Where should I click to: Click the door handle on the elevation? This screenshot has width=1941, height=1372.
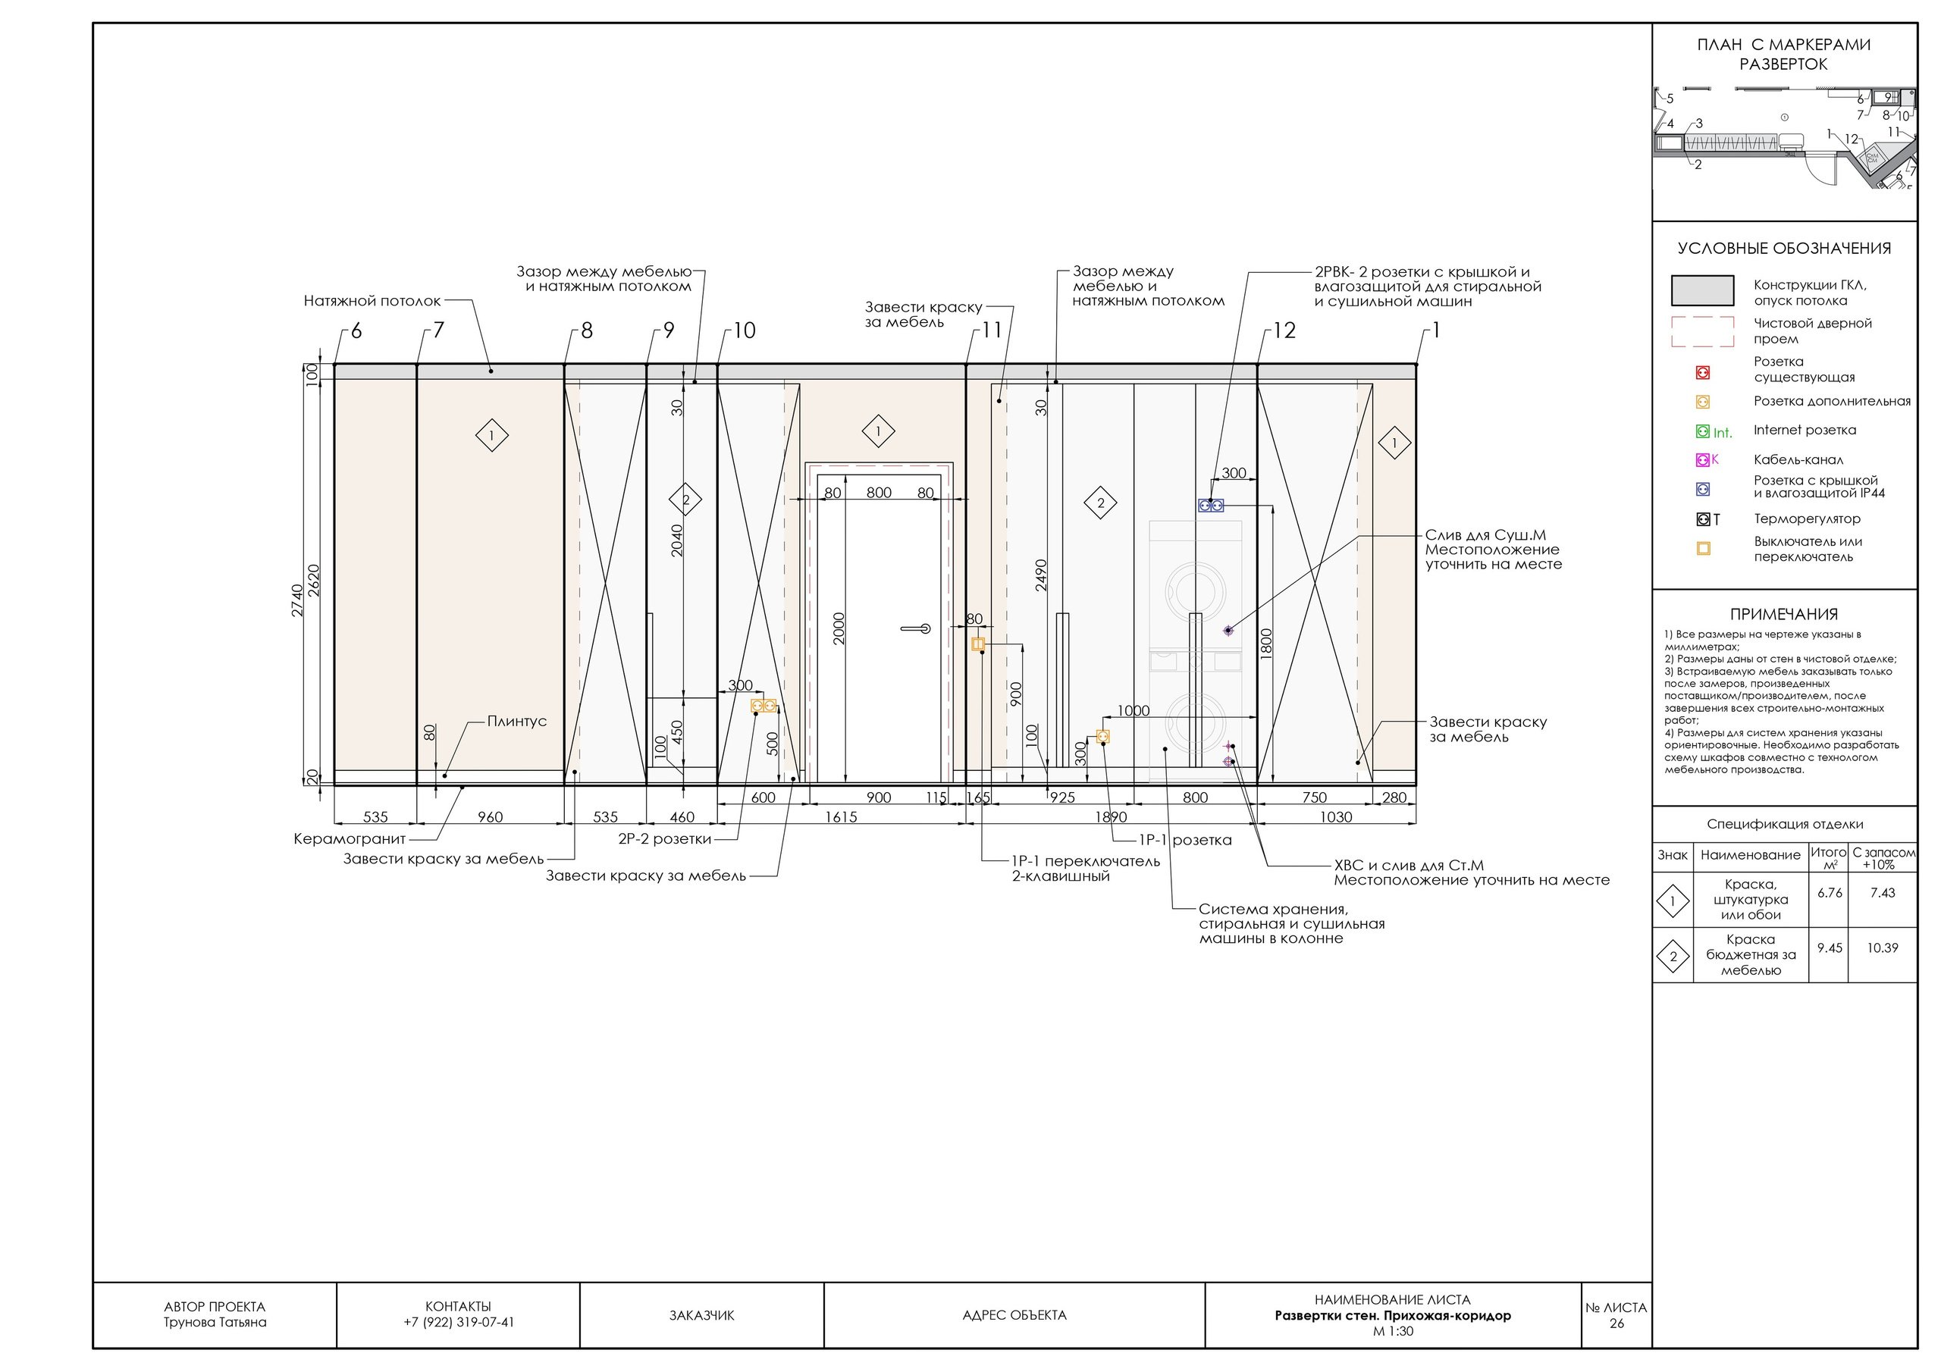916,628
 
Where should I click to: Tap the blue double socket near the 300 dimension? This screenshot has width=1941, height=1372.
1211,506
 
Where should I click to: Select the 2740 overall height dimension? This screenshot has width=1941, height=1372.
297,600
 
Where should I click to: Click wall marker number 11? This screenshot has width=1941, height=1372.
992,330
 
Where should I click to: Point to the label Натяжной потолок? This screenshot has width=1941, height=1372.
372,301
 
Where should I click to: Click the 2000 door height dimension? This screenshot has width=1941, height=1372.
839,629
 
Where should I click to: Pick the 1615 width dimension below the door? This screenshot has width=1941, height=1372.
841,816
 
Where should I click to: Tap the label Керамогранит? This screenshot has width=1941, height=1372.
349,839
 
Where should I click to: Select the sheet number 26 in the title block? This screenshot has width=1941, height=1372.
1616,1323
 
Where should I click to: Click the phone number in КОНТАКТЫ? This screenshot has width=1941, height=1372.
458,1322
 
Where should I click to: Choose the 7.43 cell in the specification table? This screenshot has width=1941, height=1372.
1883,893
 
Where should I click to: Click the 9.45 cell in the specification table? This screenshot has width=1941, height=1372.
1830,948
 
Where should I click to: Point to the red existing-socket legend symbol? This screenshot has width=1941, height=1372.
1703,373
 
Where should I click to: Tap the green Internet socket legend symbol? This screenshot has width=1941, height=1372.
1703,431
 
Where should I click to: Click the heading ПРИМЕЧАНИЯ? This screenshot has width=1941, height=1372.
1784,615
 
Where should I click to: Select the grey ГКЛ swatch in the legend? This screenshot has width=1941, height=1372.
1703,290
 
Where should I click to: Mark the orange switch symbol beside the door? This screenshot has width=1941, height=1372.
978,644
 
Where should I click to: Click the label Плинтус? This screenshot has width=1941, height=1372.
516,721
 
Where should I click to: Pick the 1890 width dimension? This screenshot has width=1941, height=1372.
1111,816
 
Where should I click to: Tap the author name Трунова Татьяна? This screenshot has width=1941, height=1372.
215,1322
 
